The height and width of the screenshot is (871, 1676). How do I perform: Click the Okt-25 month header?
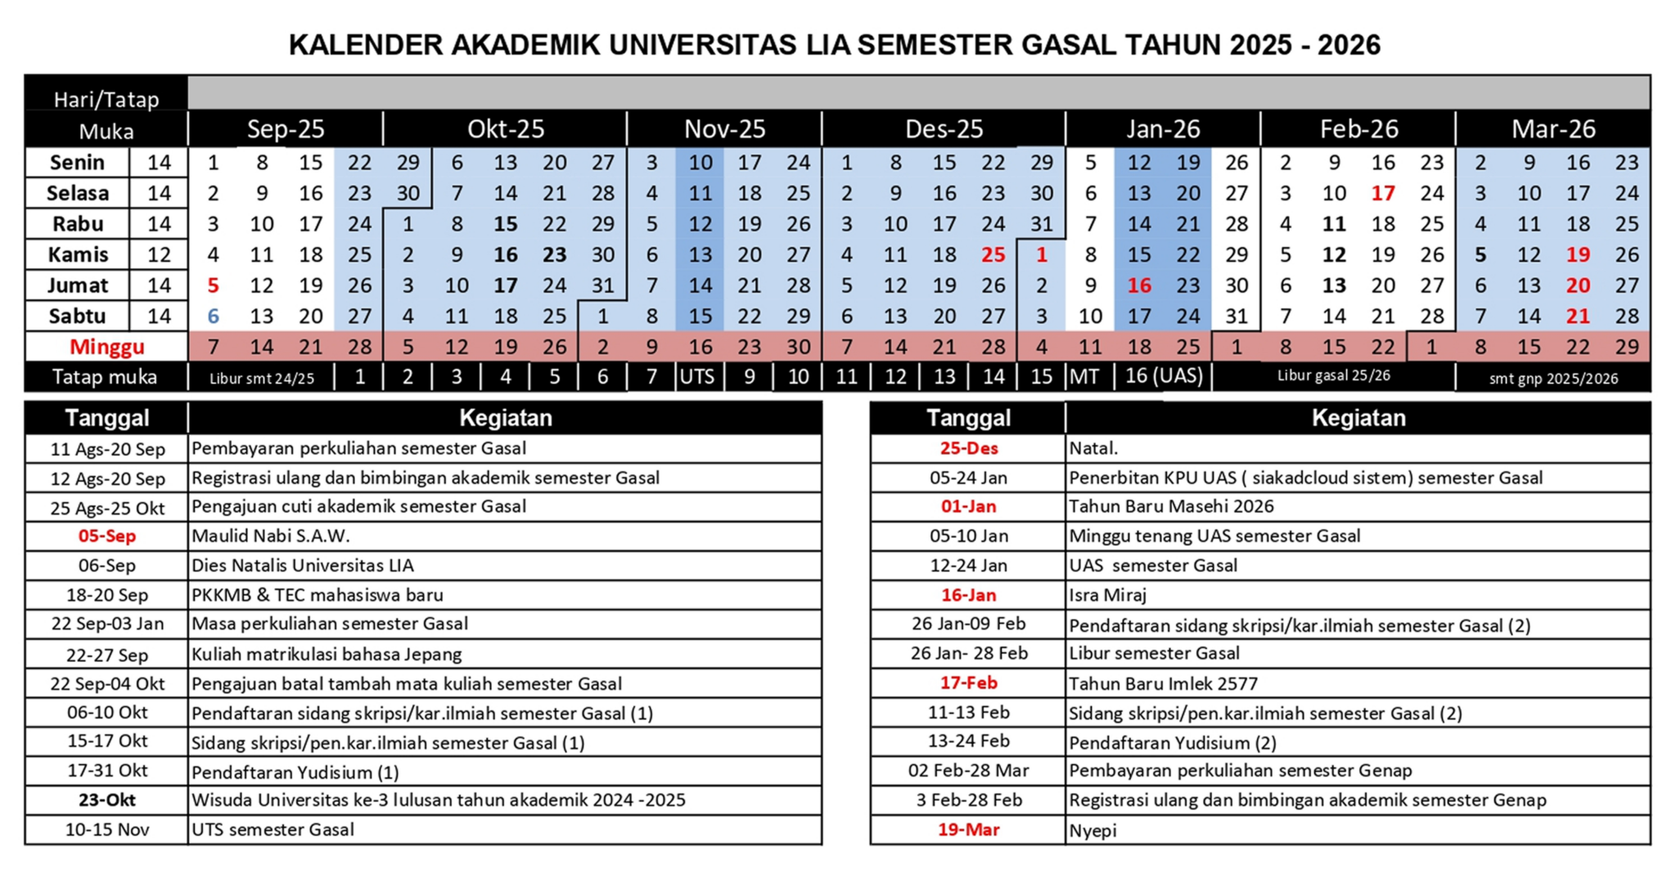pyautogui.click(x=505, y=129)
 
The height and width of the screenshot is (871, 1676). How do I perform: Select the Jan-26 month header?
pyautogui.click(x=1162, y=129)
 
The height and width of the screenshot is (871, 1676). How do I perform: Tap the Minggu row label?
pyautogui.click(x=106, y=347)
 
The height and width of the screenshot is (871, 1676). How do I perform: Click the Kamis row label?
pyautogui.click(x=78, y=254)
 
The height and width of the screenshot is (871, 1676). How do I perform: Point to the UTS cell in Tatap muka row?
pyautogui.click(x=698, y=377)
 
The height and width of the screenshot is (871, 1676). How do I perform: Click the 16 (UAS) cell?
pyautogui.click(x=1163, y=376)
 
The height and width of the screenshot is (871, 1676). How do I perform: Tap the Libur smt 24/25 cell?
pyautogui.click(x=261, y=379)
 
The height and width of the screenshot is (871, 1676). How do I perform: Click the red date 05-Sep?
pyautogui.click(x=106, y=537)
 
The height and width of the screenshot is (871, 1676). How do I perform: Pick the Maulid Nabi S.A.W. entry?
pyautogui.click(x=271, y=537)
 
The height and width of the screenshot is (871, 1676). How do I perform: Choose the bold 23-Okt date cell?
pyautogui.click(x=106, y=800)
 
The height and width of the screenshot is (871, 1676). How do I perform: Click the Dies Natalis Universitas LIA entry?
pyautogui.click(x=303, y=566)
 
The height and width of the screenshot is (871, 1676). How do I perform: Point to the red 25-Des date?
pyautogui.click(x=968, y=448)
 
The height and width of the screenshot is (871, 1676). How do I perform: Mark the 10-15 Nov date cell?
pyautogui.click(x=106, y=830)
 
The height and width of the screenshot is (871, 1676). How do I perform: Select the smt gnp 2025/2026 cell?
pyautogui.click(x=1552, y=379)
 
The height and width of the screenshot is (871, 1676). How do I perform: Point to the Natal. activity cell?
pyautogui.click(x=1093, y=448)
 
